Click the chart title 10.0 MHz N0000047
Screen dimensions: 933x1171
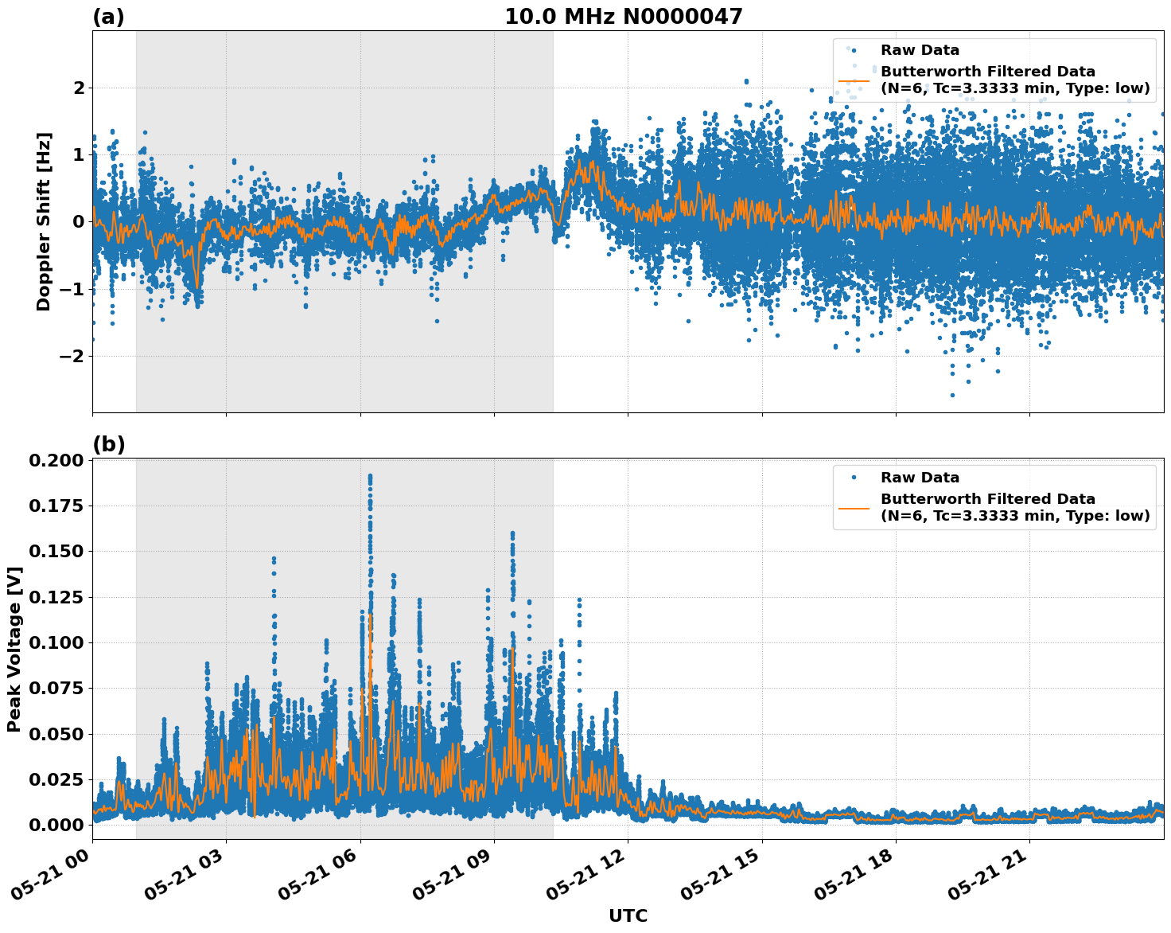[x=623, y=17]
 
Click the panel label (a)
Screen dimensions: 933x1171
[x=108, y=17]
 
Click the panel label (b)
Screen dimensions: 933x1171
[x=108, y=444]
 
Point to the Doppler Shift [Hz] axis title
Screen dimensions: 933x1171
[x=44, y=221]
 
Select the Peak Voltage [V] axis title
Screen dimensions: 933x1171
[x=14, y=649]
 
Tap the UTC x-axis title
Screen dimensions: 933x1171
[x=628, y=915]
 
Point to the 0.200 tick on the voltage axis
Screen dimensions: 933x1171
[x=55, y=461]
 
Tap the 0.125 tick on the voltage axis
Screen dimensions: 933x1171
[x=55, y=597]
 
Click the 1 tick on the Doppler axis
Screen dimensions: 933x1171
[x=78, y=154]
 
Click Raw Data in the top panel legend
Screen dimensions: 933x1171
[x=920, y=50]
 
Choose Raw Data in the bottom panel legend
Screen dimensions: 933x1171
[x=920, y=478]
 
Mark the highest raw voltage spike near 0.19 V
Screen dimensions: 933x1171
[x=370, y=476]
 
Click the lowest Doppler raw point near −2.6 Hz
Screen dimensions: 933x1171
[x=952, y=395]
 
